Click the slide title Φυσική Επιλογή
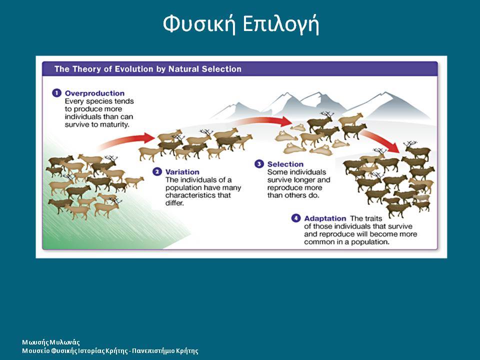click(x=241, y=24)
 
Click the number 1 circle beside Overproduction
click(x=56, y=93)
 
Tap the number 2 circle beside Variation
click(x=157, y=171)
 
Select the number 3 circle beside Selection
click(x=259, y=164)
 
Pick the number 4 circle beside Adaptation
click(x=295, y=218)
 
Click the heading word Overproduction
click(x=94, y=93)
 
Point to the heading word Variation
click(x=182, y=171)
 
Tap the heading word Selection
click(x=285, y=164)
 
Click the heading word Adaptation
click(x=325, y=218)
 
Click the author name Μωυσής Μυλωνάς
click(x=51, y=342)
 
